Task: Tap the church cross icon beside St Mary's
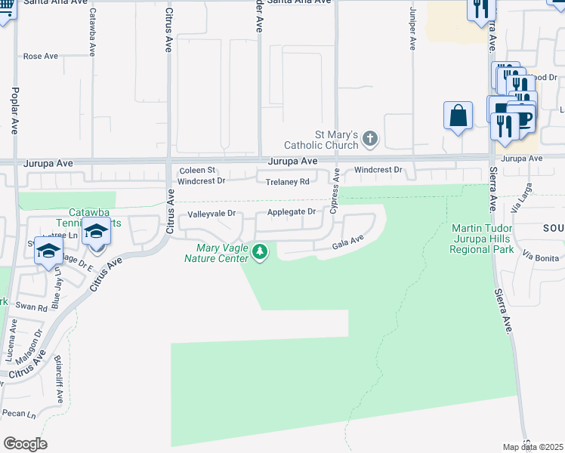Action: pyautogui.click(x=369, y=138)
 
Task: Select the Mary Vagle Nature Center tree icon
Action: pyautogui.click(x=260, y=251)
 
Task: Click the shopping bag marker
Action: pyautogui.click(x=458, y=116)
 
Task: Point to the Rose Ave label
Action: pyautogui.click(x=41, y=56)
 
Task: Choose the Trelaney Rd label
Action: pyautogui.click(x=287, y=182)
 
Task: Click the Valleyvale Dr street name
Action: pyautogui.click(x=211, y=214)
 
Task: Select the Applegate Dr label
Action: pyautogui.click(x=291, y=212)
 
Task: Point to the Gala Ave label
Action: pyautogui.click(x=349, y=242)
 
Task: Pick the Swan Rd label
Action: pyautogui.click(x=32, y=307)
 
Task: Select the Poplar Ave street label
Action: pyautogui.click(x=14, y=109)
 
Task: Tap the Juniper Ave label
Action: pyautogui.click(x=412, y=29)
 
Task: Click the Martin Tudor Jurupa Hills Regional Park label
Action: pyautogui.click(x=482, y=239)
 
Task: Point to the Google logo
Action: pyautogui.click(x=25, y=444)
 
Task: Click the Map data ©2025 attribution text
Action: pyautogui.click(x=533, y=447)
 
